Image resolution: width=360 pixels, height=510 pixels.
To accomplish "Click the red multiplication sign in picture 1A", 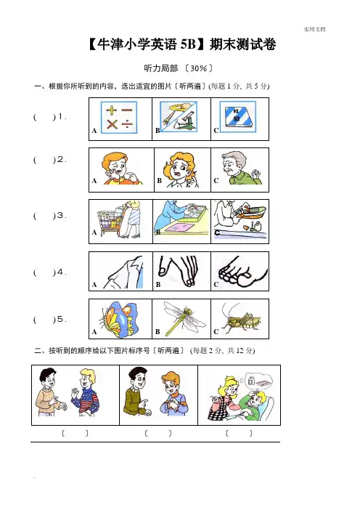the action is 112,124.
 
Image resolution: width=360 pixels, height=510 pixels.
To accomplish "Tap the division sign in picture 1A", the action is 127,124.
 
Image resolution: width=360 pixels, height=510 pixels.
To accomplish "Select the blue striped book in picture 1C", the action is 239,116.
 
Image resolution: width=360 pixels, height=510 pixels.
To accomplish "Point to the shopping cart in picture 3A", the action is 109,221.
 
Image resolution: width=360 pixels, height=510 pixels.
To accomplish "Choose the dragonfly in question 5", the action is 183,317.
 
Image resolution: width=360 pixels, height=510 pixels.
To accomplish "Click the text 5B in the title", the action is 187,44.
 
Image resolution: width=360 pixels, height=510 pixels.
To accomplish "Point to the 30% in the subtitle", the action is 199,68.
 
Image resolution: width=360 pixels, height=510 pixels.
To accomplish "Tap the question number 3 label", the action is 60,215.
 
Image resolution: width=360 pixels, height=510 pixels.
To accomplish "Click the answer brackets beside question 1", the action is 44,117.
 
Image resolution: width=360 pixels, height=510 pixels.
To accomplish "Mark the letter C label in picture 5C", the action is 216,332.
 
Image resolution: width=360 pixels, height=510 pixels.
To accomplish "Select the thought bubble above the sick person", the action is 258,380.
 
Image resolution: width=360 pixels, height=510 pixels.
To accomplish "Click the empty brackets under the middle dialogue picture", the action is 158,433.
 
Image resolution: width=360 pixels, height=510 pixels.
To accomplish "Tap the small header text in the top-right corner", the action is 314,29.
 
